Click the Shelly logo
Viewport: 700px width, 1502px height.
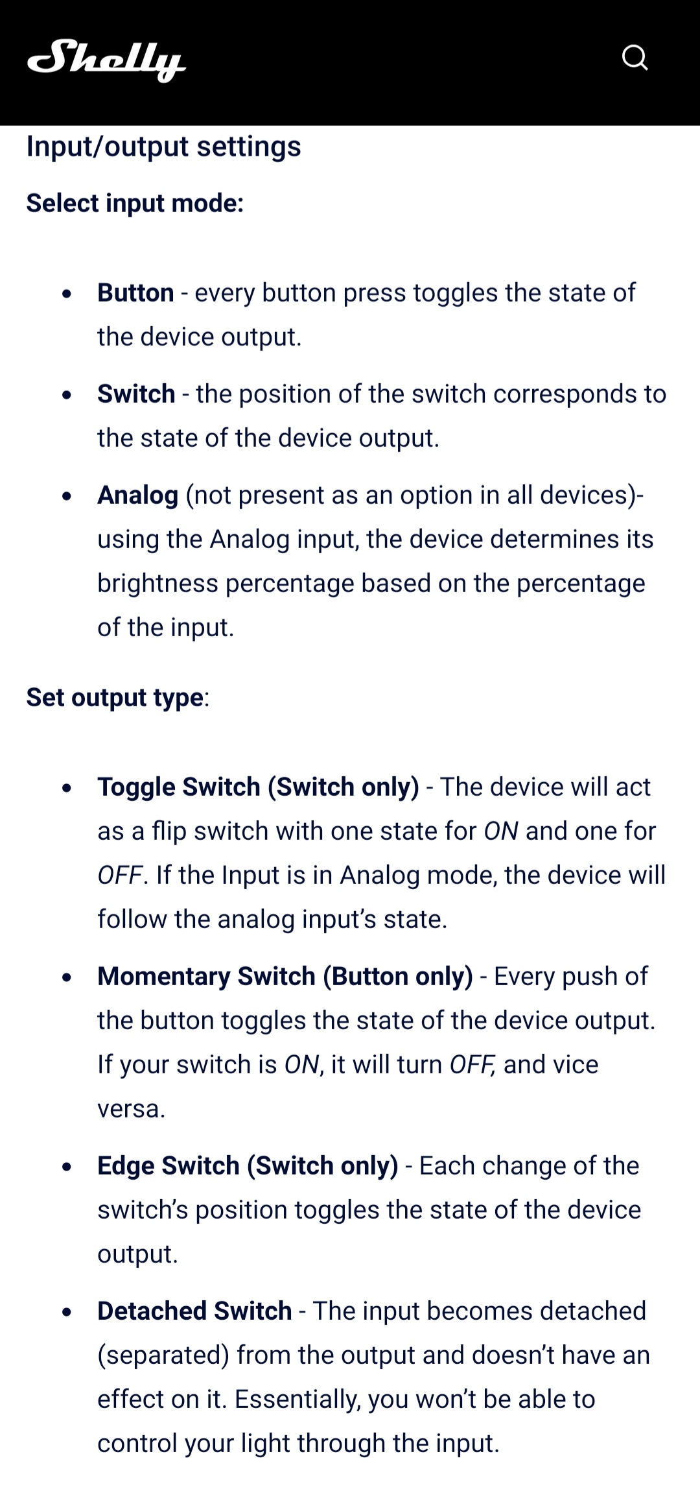point(106,60)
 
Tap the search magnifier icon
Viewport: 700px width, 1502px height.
point(635,58)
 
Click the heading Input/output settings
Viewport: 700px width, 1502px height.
point(163,147)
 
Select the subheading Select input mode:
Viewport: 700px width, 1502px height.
point(135,203)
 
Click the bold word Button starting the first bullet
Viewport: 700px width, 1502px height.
point(135,292)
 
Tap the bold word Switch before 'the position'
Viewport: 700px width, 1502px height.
point(136,394)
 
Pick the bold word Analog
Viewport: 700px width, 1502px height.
point(137,495)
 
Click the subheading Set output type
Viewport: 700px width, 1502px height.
point(115,698)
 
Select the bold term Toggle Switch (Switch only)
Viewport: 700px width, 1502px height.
point(259,787)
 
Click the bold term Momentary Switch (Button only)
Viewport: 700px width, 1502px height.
point(285,977)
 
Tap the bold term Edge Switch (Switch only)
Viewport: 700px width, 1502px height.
point(248,1166)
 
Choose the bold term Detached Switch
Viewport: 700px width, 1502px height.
point(194,1311)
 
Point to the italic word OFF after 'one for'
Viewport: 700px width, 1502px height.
point(120,876)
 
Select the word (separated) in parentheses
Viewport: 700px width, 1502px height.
point(163,1355)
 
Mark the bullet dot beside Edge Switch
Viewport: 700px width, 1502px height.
point(67,1167)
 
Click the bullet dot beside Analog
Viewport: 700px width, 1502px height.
point(67,496)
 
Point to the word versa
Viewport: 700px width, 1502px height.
point(132,1109)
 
